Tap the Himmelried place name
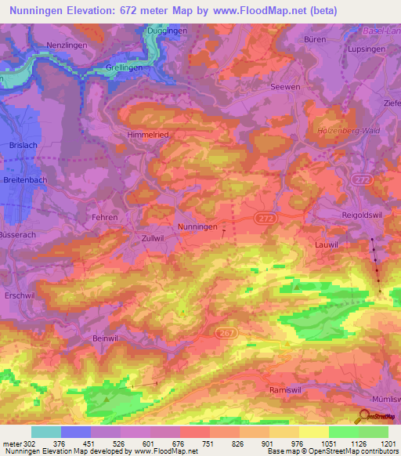(x=149, y=135)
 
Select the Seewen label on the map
(x=284, y=87)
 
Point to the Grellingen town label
(x=125, y=67)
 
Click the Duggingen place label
(x=167, y=31)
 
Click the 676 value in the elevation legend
(x=166, y=443)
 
